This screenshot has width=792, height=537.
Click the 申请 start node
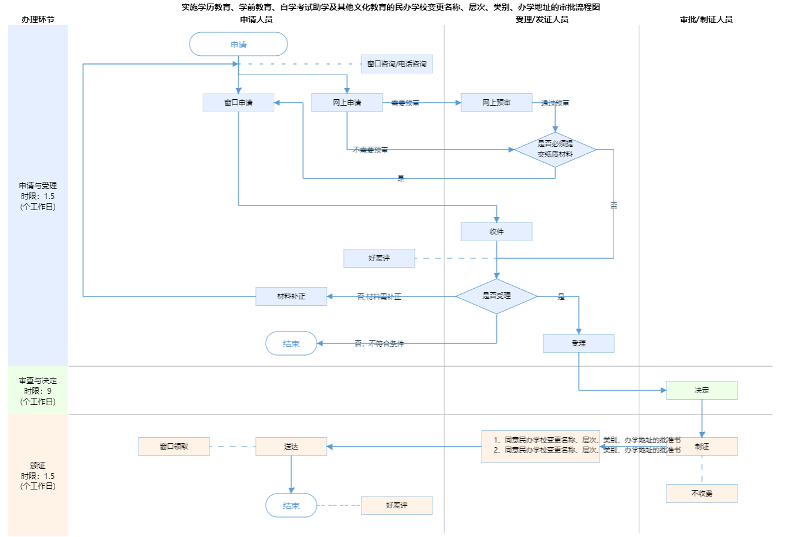pos(238,45)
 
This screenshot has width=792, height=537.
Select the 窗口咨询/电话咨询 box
pos(397,64)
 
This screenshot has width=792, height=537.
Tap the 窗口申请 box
pos(238,103)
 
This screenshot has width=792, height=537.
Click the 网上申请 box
pos(347,103)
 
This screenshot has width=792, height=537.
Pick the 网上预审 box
pos(496,103)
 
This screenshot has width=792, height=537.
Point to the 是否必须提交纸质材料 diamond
pos(555,149)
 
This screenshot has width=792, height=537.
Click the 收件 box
pos(496,232)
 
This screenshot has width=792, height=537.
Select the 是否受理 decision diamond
pos(496,296)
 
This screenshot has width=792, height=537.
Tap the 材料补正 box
pos(291,296)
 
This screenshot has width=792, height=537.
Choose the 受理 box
pos(578,343)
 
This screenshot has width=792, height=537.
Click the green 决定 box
pos(702,390)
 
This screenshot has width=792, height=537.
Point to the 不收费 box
pos(702,494)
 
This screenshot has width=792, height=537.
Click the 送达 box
pos(291,447)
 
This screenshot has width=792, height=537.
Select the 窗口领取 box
pos(174,447)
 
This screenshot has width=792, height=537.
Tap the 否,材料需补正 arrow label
pos(379,297)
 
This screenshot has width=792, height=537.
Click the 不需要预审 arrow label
pos(370,150)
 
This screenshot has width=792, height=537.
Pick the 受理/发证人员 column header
pos(541,19)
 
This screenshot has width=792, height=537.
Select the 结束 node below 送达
pos(291,505)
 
